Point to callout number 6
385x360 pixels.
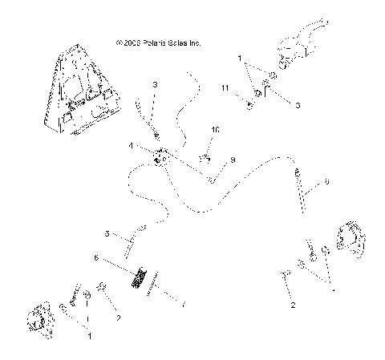click(x=96, y=258)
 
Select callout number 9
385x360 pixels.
click(x=233, y=160)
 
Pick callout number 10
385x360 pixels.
click(x=215, y=129)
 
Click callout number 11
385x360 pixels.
click(x=225, y=87)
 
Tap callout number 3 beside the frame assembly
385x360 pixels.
click(x=155, y=84)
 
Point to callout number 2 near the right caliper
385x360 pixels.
click(x=294, y=305)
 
